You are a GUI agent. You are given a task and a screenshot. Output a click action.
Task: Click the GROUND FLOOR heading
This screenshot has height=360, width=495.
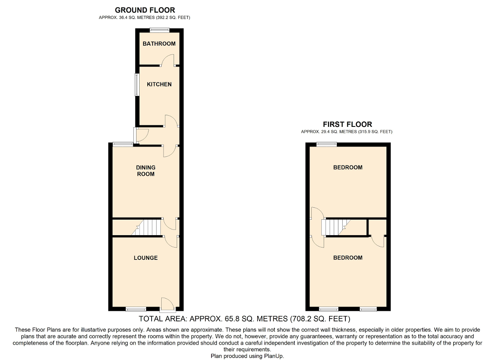(145, 10)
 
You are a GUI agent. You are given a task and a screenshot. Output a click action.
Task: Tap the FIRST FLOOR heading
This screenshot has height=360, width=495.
(347, 124)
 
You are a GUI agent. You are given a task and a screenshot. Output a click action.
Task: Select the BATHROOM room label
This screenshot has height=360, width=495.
(159, 44)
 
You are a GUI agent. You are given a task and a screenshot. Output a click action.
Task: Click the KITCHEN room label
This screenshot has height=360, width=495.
(159, 84)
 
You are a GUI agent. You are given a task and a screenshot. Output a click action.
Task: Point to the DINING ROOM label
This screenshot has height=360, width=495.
(146, 171)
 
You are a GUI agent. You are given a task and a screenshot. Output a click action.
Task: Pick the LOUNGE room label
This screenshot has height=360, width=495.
(146, 258)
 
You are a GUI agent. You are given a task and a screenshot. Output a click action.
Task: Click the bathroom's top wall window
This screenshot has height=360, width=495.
(160, 30)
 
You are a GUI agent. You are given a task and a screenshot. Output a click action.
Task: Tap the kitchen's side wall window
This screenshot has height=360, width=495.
(137, 85)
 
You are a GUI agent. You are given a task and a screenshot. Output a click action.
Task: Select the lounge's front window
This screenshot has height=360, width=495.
(136, 309)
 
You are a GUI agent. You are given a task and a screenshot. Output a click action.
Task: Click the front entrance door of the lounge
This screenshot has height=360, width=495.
(168, 305)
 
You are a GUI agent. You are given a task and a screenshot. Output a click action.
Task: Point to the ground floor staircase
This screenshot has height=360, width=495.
(146, 227)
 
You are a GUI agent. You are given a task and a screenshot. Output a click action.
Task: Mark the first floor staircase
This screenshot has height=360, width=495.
(336, 227)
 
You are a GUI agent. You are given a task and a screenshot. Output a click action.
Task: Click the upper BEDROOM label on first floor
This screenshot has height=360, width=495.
(348, 167)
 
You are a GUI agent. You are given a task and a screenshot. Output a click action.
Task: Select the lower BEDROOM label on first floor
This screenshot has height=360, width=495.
(348, 258)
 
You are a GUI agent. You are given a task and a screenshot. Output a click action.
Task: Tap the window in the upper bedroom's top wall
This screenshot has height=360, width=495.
(327, 144)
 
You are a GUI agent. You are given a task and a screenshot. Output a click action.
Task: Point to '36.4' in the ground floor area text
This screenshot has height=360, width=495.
(123, 17)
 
